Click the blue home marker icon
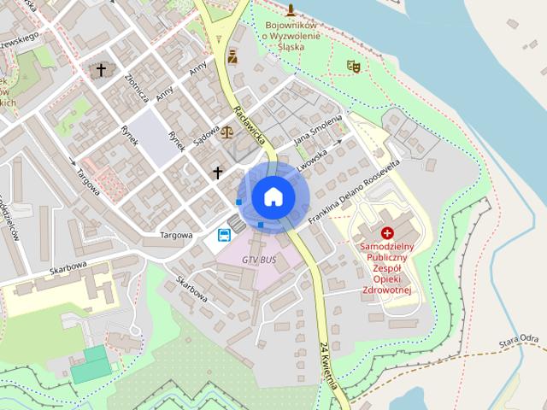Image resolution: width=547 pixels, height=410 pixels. point(273,196)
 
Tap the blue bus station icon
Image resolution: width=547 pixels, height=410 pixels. point(224,235)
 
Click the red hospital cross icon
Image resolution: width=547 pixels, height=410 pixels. point(387,232)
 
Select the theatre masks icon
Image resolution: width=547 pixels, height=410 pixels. point(354,66)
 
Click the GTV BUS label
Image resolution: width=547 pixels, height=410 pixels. point(259,259)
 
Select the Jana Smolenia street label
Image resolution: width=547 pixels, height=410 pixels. point(317,130)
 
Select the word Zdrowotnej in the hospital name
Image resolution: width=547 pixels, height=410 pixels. point(387,290)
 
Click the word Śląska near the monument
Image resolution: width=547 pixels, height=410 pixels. point(291,48)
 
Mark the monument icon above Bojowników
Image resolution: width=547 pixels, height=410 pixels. point(291,10)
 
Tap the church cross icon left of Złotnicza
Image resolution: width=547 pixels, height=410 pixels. point(101,69)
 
